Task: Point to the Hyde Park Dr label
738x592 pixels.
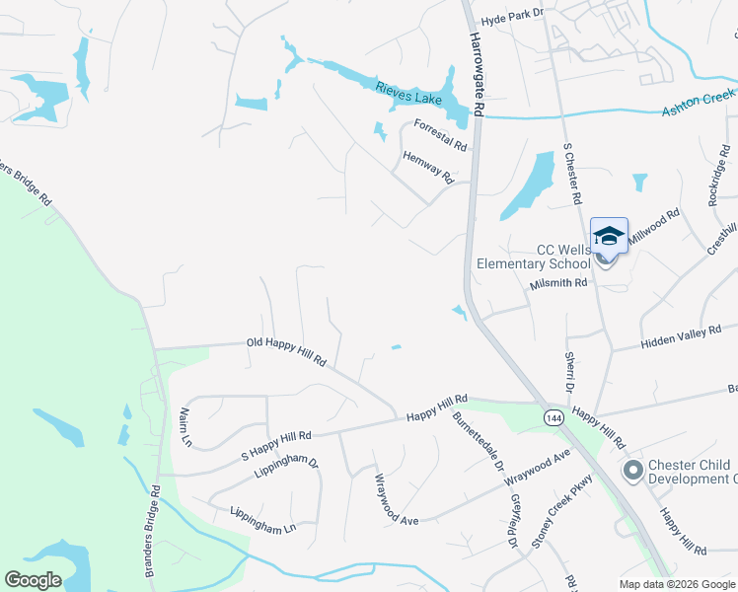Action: tap(512, 21)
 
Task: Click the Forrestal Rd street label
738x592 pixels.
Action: tap(440, 134)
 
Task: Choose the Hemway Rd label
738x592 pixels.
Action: tap(427, 167)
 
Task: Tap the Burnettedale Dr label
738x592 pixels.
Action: tap(479, 442)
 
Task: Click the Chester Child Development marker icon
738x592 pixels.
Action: tap(632, 472)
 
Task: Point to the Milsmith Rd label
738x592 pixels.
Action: tap(558, 283)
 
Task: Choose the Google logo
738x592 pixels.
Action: tap(33, 579)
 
